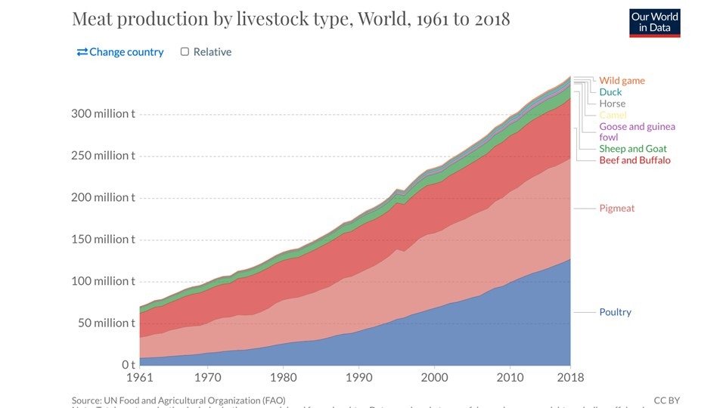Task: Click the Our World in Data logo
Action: tap(655, 23)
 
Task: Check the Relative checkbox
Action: tap(185, 52)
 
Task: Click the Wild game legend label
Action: tap(622, 81)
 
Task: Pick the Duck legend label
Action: tap(610, 92)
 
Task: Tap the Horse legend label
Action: tap(612, 104)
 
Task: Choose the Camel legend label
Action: tap(613, 115)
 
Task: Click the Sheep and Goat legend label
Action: tap(633, 149)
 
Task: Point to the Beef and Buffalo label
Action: tap(634, 160)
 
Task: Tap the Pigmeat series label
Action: tap(616, 208)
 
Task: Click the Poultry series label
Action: tap(615, 312)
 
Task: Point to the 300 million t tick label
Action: tap(103, 114)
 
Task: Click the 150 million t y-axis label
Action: tap(103, 240)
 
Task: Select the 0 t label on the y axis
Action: tap(128, 365)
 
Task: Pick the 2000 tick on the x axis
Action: tap(434, 378)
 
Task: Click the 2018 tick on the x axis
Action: tap(569, 378)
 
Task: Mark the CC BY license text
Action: tap(666, 400)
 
